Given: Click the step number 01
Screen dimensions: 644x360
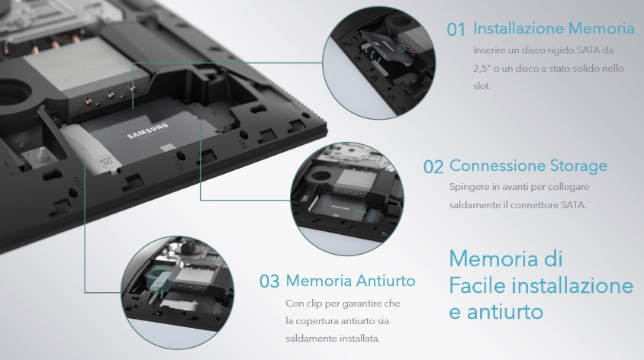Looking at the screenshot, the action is click(x=456, y=30).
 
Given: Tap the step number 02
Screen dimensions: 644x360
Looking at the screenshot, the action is click(x=433, y=167).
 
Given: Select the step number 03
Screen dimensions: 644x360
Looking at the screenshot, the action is click(x=269, y=281).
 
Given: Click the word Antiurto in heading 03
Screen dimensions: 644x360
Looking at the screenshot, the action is click(x=385, y=281).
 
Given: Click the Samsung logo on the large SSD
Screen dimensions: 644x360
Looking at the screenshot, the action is click(x=147, y=130).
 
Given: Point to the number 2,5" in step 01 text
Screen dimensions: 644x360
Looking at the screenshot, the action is click(x=482, y=68).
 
